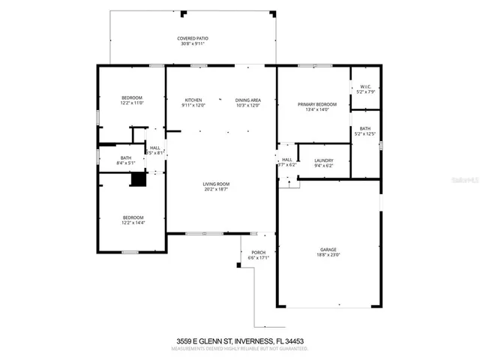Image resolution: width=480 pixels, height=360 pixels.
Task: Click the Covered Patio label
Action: (192, 38)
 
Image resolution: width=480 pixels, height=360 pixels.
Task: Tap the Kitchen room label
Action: (193, 100)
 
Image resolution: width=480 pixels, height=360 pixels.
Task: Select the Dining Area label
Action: (247, 100)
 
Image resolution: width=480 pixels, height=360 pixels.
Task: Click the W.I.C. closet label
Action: (365, 87)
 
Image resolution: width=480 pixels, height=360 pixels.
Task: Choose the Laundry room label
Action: (324, 160)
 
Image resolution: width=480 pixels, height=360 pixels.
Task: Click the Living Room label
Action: (215, 184)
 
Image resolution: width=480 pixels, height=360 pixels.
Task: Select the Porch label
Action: (258, 253)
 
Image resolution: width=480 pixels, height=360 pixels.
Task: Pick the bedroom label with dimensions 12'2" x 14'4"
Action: (132, 217)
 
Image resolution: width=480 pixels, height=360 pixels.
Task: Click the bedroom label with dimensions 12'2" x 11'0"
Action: (132, 98)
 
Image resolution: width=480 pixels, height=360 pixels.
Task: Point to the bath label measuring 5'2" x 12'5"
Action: (365, 129)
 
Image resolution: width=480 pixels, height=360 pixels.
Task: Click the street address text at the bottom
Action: (240, 341)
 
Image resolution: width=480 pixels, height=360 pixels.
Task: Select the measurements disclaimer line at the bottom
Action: (240, 349)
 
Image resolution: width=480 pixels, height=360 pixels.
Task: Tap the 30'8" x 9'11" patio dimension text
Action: (192, 43)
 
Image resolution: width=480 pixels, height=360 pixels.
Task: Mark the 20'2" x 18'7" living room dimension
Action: (215, 189)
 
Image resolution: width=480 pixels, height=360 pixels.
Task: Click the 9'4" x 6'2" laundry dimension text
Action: (324, 166)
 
